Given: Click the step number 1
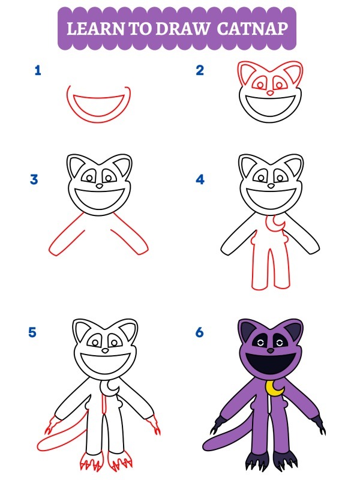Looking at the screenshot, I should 38,71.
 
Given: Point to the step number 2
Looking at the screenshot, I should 200,71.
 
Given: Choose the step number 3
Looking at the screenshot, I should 35,179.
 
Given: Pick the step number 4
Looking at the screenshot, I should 200,179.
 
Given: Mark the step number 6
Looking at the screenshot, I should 200,332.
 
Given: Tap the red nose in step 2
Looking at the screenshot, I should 270,93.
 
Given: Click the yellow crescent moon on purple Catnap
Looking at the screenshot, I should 275,389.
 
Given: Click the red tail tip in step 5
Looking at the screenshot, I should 42,446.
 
